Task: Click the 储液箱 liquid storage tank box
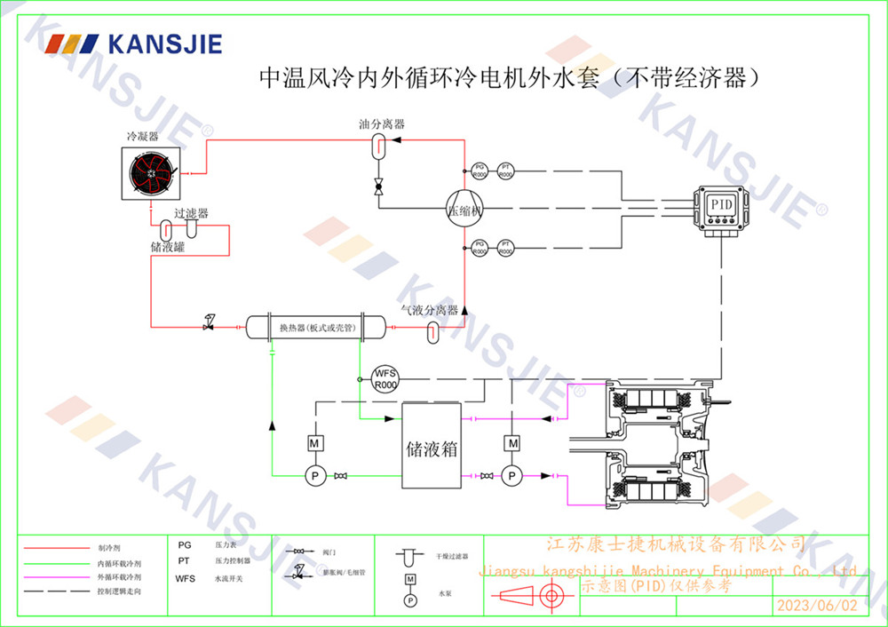point(431,445)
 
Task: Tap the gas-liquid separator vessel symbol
point(432,331)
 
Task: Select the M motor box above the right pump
point(511,442)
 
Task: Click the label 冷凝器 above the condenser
point(142,137)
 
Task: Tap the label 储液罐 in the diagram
point(167,246)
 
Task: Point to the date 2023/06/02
point(817,607)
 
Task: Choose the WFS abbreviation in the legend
point(186,578)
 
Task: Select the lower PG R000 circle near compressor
point(480,247)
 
